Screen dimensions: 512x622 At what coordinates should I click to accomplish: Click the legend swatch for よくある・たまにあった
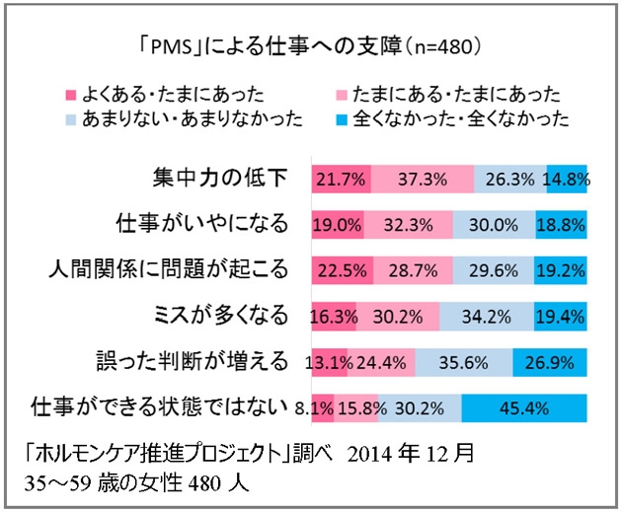(70, 95)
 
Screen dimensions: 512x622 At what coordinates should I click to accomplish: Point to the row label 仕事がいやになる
(202, 224)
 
